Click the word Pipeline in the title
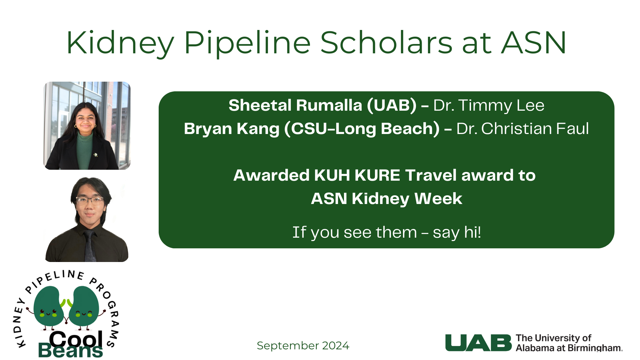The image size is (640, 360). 247,43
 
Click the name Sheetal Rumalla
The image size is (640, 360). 295,105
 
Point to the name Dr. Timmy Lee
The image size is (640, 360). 489,105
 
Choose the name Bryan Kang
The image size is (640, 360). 232,129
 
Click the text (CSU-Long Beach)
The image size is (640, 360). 362,129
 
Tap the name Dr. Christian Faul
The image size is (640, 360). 522,129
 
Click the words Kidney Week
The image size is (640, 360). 407,199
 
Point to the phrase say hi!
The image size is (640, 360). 457,233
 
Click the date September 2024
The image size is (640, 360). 303,346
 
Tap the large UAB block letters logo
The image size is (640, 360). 478,343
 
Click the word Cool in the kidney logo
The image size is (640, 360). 76,339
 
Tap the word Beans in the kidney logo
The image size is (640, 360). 71,350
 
